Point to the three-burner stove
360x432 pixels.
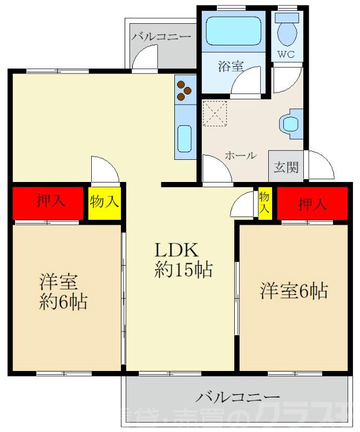tap(185, 90)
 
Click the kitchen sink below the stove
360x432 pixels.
tap(185, 139)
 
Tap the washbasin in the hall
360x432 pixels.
tap(291, 123)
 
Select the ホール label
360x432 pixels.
tap(240, 156)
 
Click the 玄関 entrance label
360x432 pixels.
tap(286, 167)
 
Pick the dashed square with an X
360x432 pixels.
tap(215, 114)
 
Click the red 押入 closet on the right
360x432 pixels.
tap(313, 204)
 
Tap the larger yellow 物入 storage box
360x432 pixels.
tap(104, 203)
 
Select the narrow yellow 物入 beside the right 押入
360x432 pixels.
tap(264, 203)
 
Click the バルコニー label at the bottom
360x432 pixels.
tap(237, 398)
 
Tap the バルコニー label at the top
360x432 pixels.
tap(161, 37)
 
